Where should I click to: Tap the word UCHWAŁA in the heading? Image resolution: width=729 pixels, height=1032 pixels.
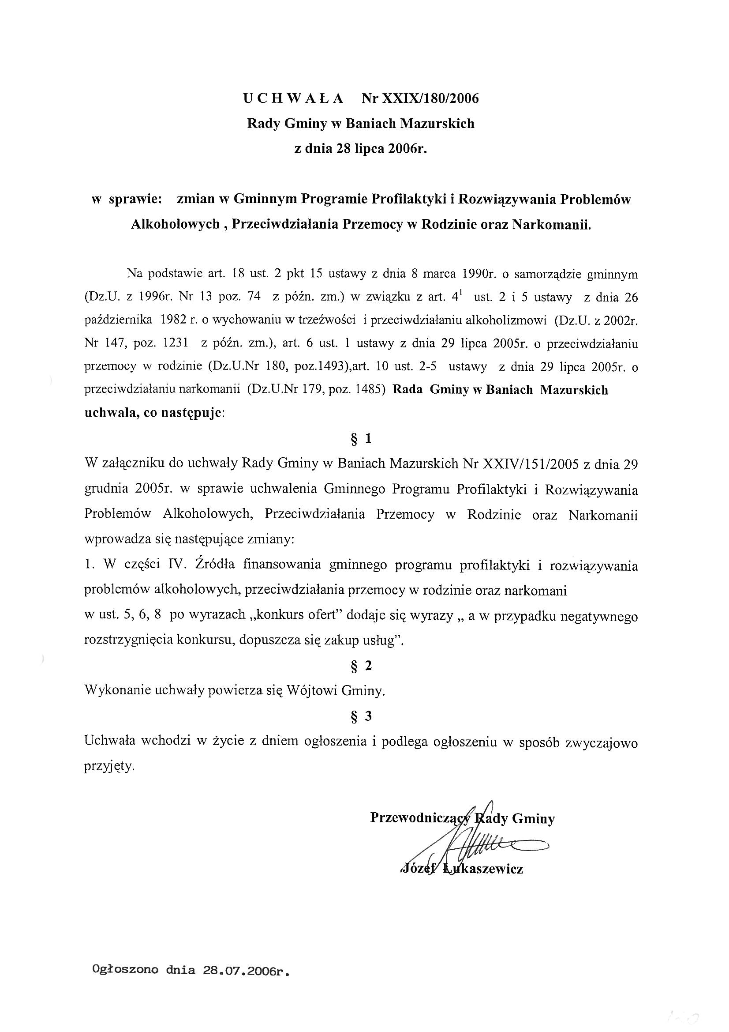pyautogui.click(x=293, y=98)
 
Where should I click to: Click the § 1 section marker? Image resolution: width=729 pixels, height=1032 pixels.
pyautogui.click(x=361, y=439)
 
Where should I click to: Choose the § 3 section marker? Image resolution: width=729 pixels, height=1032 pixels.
pyautogui.click(x=361, y=716)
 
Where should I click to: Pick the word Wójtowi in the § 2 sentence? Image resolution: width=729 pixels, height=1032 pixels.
pyautogui.click(x=313, y=691)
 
